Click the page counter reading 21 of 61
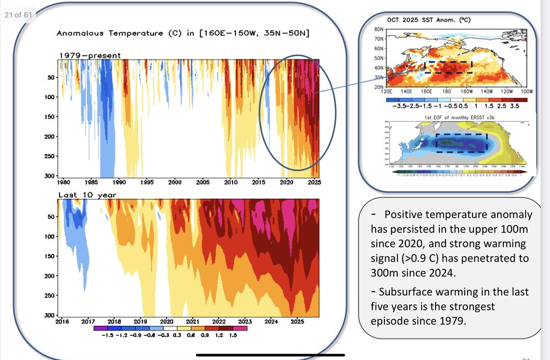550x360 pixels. click(x=19, y=14)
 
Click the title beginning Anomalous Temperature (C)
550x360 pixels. click(x=183, y=34)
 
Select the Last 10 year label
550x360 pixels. click(x=87, y=195)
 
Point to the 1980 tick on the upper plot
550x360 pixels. click(x=63, y=182)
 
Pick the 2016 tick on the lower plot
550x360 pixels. click(x=63, y=321)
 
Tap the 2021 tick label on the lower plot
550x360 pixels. click(x=193, y=321)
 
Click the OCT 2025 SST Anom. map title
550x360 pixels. click(x=433, y=20)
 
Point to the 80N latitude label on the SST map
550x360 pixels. click(x=379, y=29)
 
